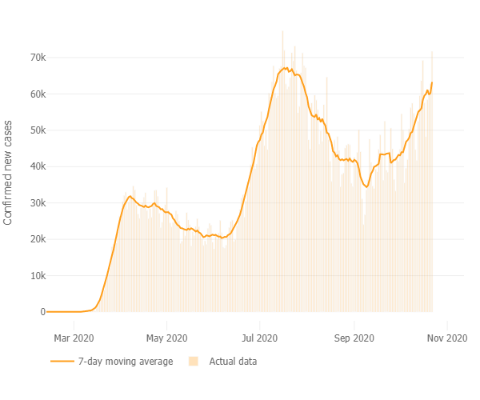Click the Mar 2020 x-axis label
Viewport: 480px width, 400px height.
[x=74, y=338]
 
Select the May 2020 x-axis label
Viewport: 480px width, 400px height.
[x=167, y=338]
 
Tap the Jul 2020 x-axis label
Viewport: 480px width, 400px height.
[x=260, y=338]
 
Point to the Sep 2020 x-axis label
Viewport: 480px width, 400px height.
[x=354, y=338]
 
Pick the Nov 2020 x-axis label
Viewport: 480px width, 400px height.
[x=446, y=338]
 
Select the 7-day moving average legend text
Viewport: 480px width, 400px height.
[x=126, y=362]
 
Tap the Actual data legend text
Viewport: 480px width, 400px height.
[x=234, y=362]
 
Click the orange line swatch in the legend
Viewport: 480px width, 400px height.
[x=62, y=362]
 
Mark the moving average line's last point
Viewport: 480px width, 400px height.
[x=433, y=82]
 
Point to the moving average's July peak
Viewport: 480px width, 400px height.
[x=286, y=68]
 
